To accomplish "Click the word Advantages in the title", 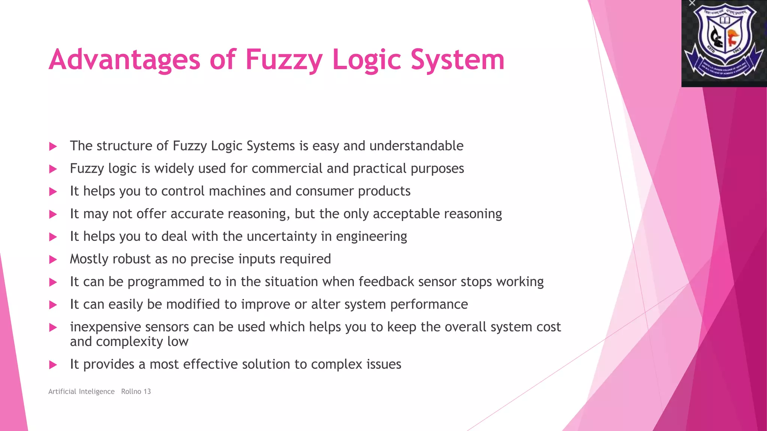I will click(x=125, y=60).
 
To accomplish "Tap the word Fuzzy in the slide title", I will click(x=284, y=60).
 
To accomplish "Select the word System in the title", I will click(x=457, y=60).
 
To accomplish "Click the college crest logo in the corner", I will click(x=724, y=43).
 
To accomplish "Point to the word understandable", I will click(x=416, y=146).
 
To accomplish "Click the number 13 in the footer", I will click(x=147, y=391).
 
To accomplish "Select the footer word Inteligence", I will click(x=97, y=391).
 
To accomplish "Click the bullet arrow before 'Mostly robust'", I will click(x=53, y=260).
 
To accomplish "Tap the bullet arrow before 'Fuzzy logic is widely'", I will click(x=53, y=169).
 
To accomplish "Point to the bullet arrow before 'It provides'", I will click(x=53, y=365).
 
